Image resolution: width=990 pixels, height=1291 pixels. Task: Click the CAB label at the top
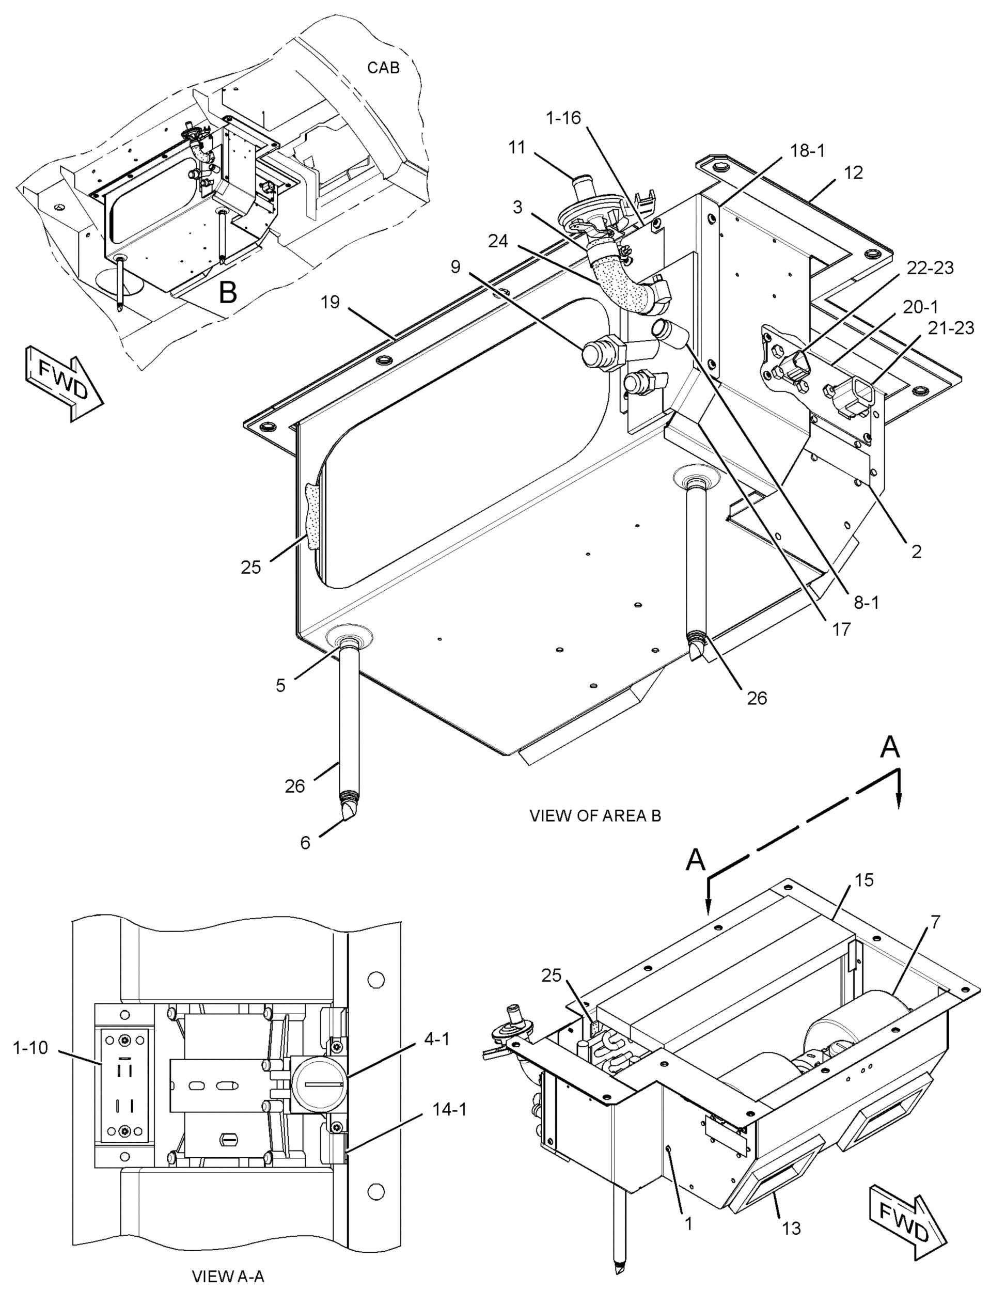click(383, 68)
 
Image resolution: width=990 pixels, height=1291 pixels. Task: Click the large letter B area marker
click(228, 293)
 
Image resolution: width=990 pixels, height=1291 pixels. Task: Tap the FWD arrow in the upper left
click(64, 384)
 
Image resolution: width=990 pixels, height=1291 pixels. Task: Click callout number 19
click(331, 303)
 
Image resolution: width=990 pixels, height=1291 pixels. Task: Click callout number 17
click(842, 630)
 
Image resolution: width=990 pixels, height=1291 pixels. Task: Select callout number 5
click(281, 685)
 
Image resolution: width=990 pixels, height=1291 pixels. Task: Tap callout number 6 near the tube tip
click(305, 843)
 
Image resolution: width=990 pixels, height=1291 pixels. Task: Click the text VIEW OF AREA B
click(595, 816)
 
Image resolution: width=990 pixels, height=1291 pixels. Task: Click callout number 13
click(792, 1212)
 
